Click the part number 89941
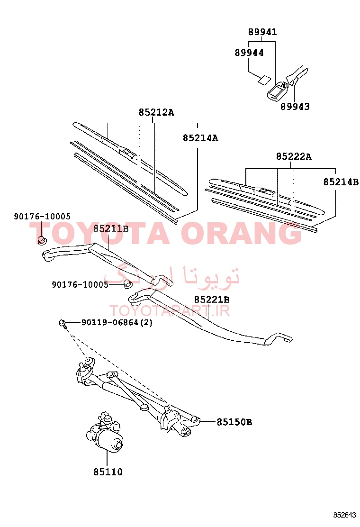coord(262,32)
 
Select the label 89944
coord(249,53)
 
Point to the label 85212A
coord(156,112)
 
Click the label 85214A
coord(200,138)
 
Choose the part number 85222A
coord(294,156)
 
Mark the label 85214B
coord(341,182)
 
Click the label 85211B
coord(111,228)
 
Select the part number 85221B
coord(212,299)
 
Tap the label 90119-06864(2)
coord(117,322)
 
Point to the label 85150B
coord(234,422)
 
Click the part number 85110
coord(108,472)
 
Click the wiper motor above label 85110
coord(105,431)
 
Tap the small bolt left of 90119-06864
coord(63,324)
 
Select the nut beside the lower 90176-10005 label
coord(128,284)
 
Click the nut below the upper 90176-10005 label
coord(42,240)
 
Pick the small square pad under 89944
coord(264,80)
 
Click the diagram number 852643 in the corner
coord(344,515)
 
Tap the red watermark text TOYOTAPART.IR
coord(170,311)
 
